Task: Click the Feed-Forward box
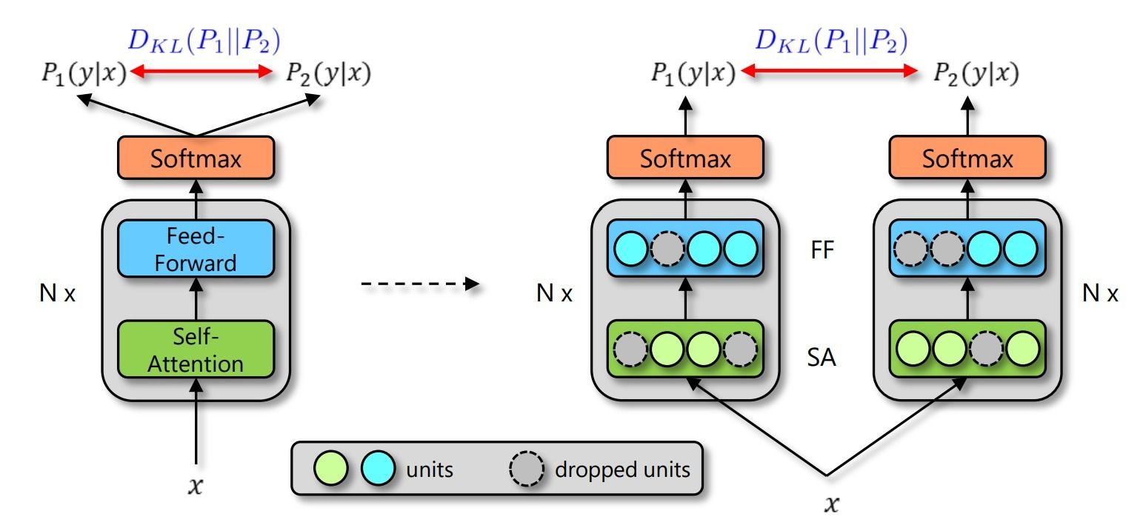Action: click(196, 249)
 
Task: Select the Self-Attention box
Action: click(196, 350)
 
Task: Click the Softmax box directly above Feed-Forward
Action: click(196, 158)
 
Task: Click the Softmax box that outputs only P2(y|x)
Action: click(967, 158)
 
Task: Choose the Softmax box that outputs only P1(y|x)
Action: click(685, 158)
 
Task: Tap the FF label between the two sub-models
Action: click(822, 250)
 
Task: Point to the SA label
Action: click(822, 357)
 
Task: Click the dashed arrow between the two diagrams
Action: click(421, 284)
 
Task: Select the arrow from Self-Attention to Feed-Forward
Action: click(196, 299)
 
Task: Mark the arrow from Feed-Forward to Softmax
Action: click(196, 199)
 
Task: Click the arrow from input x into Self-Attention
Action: click(196, 422)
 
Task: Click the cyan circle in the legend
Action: click(378, 468)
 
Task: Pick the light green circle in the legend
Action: click(331, 468)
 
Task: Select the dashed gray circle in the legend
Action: click(527, 468)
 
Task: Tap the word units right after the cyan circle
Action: click(430, 469)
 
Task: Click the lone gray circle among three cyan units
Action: click(667, 249)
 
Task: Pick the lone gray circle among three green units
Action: click(986, 349)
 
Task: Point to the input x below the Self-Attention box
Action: click(196, 486)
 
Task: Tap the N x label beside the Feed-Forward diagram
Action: click(58, 293)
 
